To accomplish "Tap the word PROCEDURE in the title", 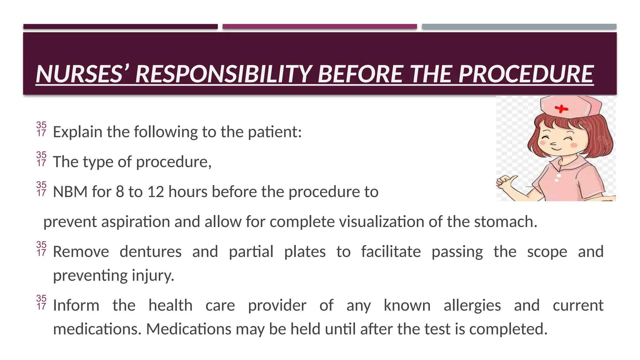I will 526,74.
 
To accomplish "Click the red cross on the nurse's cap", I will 561,109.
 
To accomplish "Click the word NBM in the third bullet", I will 70,192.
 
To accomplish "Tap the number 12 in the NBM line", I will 156,192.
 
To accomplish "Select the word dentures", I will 150,252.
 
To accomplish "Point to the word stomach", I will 505,222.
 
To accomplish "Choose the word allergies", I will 472,305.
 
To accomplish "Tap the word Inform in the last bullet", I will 76,305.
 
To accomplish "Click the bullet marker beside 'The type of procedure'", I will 41,159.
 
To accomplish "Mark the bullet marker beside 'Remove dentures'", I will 41,249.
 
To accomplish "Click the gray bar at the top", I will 519,27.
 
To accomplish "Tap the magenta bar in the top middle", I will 320,27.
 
